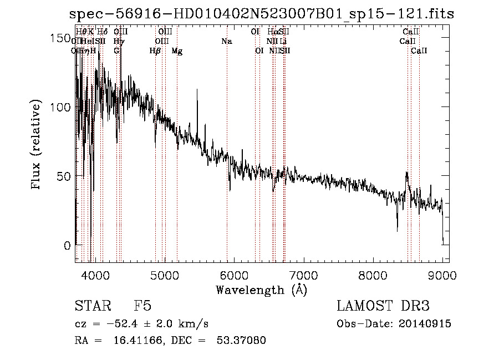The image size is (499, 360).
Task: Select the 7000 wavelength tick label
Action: [303, 275]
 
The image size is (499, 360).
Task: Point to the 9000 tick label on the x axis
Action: [442, 275]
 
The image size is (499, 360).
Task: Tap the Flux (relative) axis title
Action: [37, 146]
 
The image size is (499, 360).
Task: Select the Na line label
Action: [226, 41]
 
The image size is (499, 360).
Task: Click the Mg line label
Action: [177, 50]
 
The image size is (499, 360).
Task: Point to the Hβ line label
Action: [155, 50]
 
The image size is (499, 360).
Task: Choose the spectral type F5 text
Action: [142, 306]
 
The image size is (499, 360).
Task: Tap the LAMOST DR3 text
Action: [383, 306]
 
